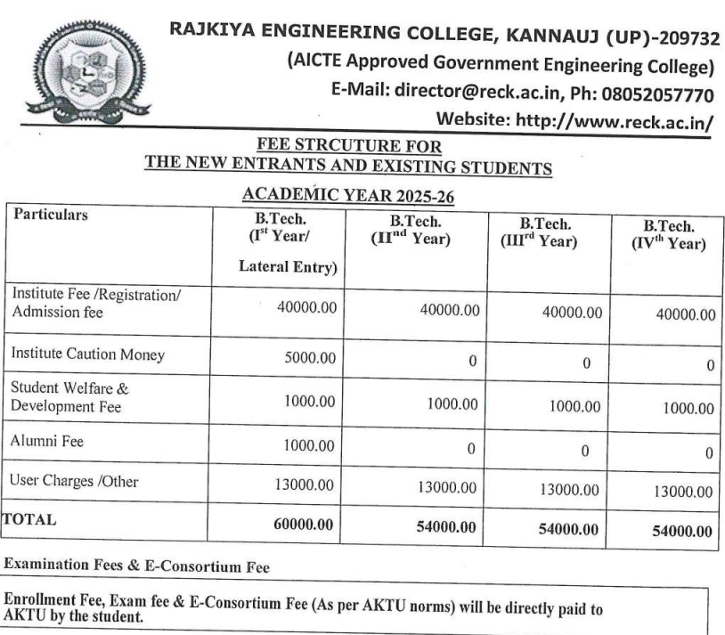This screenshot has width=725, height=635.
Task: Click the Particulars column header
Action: click(51, 216)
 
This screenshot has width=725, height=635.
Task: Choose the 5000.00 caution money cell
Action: click(309, 358)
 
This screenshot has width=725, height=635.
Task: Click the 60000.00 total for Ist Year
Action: click(304, 525)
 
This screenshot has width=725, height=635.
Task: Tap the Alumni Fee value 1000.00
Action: click(309, 444)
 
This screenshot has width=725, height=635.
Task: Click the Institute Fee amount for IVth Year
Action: click(685, 314)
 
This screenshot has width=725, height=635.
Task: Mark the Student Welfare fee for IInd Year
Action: click(450, 403)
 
